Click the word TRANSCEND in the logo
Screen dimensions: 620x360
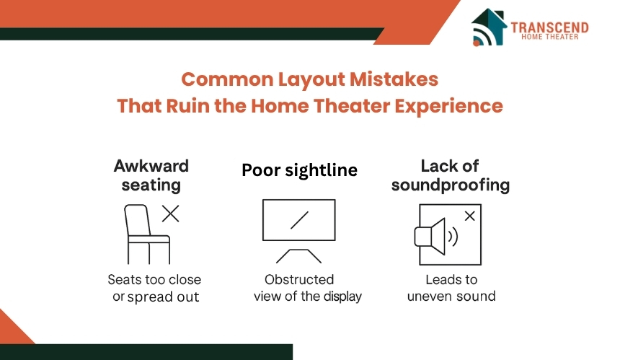tap(549, 27)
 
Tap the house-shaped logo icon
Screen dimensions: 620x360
tap(489, 27)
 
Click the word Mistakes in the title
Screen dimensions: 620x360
tap(394, 79)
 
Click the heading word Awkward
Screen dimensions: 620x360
tap(151, 166)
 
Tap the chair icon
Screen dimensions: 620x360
tap(147, 234)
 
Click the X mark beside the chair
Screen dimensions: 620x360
tap(170, 214)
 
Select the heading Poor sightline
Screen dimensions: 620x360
tap(299, 170)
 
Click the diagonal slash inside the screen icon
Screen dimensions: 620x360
tap(299, 220)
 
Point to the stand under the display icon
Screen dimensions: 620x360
tap(298, 256)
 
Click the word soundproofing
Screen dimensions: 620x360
tap(451, 185)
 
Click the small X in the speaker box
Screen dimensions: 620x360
tap(470, 216)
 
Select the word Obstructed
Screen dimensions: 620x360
tap(299, 280)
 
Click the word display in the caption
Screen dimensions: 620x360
tap(343, 297)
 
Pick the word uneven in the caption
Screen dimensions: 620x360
tap(428, 297)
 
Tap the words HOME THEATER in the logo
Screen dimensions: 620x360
tap(549, 37)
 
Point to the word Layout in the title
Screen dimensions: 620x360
tap(311, 80)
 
